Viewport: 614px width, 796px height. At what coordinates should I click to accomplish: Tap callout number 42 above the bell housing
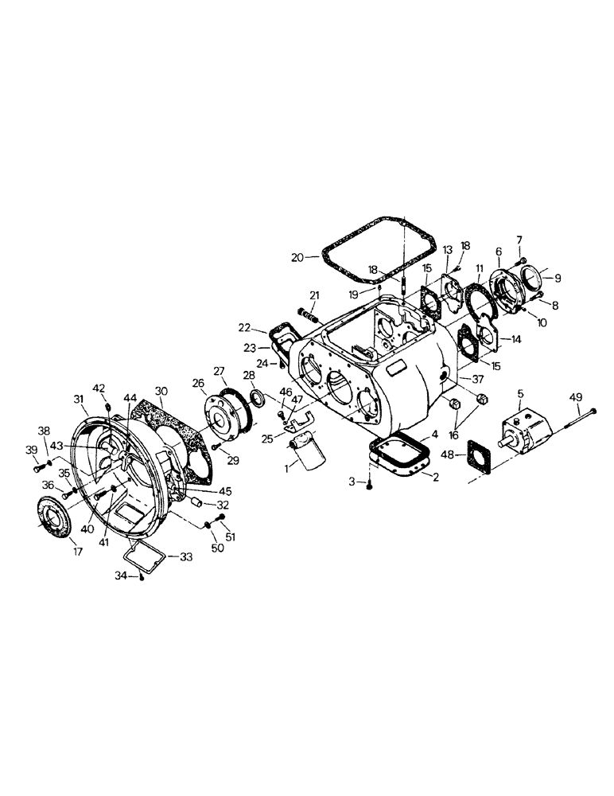coord(99,388)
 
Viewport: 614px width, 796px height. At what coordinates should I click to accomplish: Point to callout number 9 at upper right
coord(558,279)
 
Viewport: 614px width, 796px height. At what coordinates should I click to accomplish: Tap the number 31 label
coord(78,399)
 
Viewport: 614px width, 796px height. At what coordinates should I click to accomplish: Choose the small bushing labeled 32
coord(193,502)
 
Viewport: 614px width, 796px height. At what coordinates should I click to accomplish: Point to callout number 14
coord(516,339)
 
